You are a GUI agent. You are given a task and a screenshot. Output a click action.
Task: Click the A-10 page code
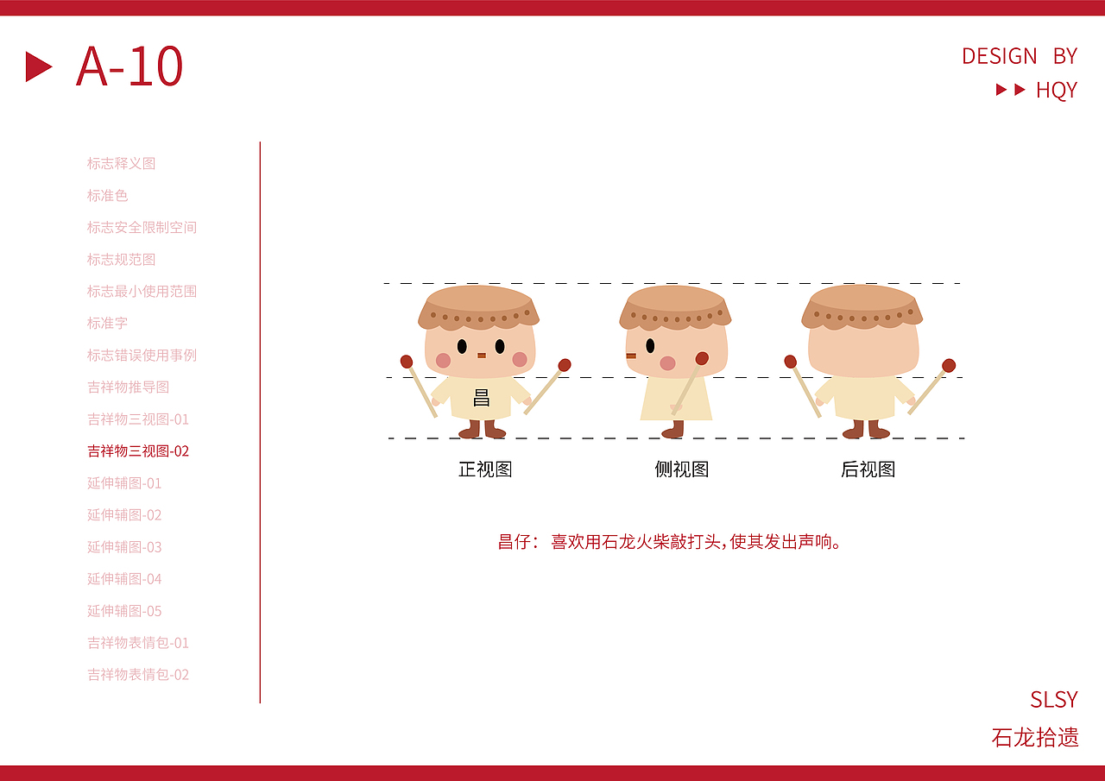[129, 66]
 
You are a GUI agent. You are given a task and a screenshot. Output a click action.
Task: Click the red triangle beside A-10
[38, 66]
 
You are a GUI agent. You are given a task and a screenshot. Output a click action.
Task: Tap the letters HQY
[1057, 90]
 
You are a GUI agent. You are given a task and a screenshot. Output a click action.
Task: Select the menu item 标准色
[107, 196]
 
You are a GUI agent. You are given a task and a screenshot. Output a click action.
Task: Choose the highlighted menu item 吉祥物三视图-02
[138, 451]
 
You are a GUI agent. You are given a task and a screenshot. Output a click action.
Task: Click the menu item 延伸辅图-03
[124, 547]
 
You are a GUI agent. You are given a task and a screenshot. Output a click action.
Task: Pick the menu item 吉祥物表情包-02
[138, 675]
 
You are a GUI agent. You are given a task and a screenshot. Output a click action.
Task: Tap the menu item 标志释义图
[121, 164]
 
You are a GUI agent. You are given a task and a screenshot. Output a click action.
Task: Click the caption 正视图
[485, 469]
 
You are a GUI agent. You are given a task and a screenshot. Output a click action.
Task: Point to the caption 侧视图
[682, 469]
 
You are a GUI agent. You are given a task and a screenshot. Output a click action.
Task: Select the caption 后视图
[868, 469]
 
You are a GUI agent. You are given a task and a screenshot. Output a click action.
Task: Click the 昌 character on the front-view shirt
[482, 398]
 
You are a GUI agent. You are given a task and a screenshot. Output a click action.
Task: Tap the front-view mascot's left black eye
[462, 346]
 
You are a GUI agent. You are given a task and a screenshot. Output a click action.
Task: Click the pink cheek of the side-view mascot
[667, 362]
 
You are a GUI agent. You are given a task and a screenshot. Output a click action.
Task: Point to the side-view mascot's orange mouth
[631, 356]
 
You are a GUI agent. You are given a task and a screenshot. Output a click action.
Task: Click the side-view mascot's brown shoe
[673, 430]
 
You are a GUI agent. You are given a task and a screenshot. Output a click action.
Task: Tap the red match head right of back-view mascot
[949, 366]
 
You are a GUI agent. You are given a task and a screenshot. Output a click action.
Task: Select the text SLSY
[1053, 699]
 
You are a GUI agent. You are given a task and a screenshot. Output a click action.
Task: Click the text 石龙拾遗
[1035, 738]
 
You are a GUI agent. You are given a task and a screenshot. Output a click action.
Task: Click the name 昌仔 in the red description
[515, 542]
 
